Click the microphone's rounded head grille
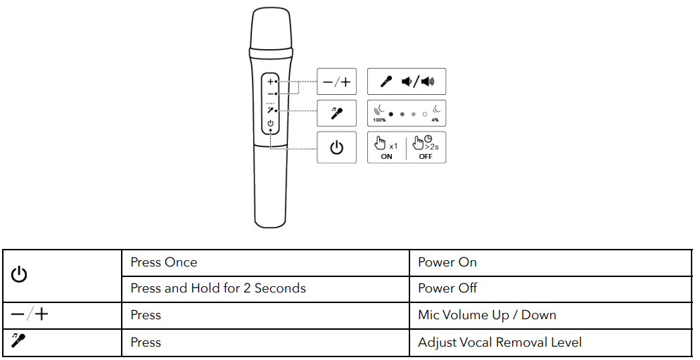coord(270,28)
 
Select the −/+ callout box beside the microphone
coord(336,82)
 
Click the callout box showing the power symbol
coord(336,148)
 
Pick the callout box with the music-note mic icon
coord(336,112)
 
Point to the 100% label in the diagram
coord(380,120)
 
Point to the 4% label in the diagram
coord(435,120)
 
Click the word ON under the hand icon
coord(386,157)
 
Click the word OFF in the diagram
coord(426,157)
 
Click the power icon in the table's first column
coord(19,275)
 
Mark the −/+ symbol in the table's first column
coord(30,314)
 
